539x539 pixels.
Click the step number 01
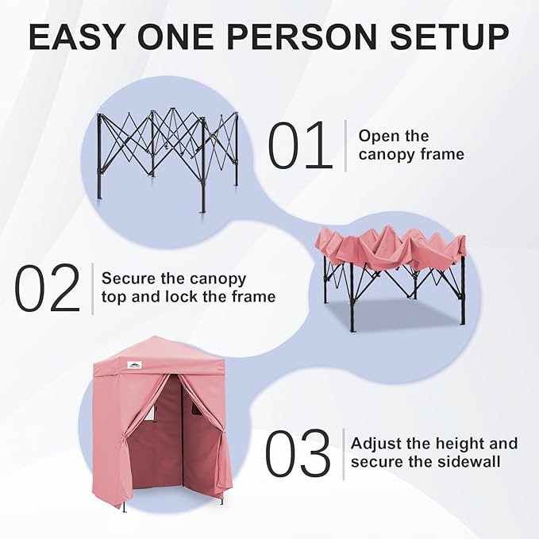pos(299,145)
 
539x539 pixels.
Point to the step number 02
pos(48,288)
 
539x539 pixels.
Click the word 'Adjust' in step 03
pos(378,444)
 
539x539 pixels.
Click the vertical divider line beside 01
pos(345,144)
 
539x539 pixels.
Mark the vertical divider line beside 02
pos(92,287)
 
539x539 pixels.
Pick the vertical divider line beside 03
pos(342,453)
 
